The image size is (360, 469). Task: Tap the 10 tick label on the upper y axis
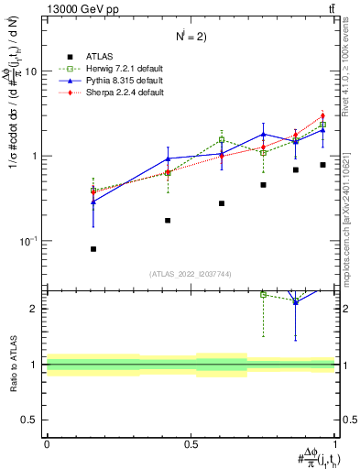pos(31,71)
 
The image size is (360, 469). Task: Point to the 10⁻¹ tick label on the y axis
pos(29,241)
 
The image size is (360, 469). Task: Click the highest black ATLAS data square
pos(323,165)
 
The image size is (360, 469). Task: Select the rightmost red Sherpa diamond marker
pos(323,116)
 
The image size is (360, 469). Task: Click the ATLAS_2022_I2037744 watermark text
pos(191,274)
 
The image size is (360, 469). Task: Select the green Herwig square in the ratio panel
pos(264,294)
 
